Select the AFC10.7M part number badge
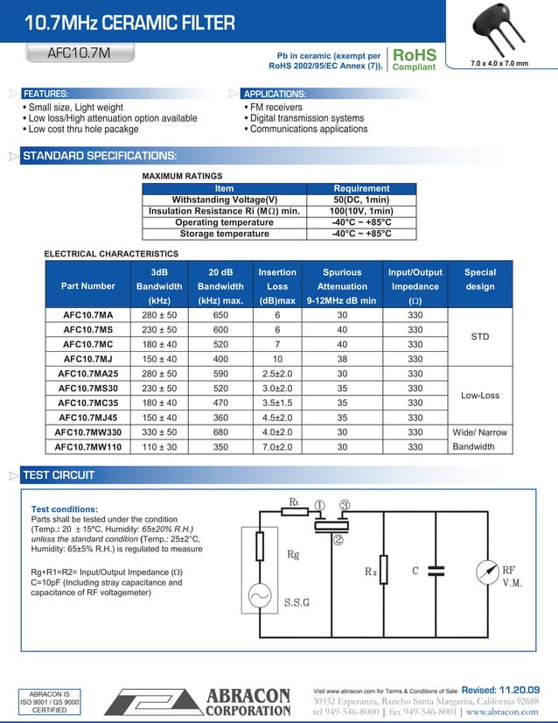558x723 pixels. [79, 53]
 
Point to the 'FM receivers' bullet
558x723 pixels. [279, 108]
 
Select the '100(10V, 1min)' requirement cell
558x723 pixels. [361, 211]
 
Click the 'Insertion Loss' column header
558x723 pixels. [277, 286]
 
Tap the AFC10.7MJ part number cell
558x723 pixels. [87, 359]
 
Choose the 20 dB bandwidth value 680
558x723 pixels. [220, 432]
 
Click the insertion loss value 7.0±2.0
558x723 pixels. [277, 446]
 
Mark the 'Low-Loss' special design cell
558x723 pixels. [479, 396]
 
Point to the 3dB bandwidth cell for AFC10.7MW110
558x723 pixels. [159, 446]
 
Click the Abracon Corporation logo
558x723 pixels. [198, 702]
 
